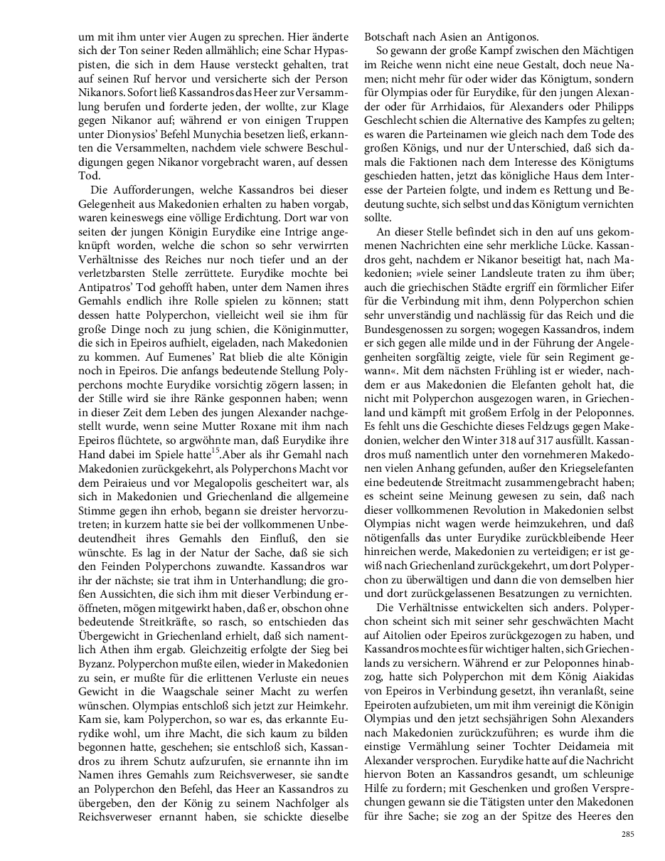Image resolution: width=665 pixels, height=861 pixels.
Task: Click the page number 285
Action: (627, 835)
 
